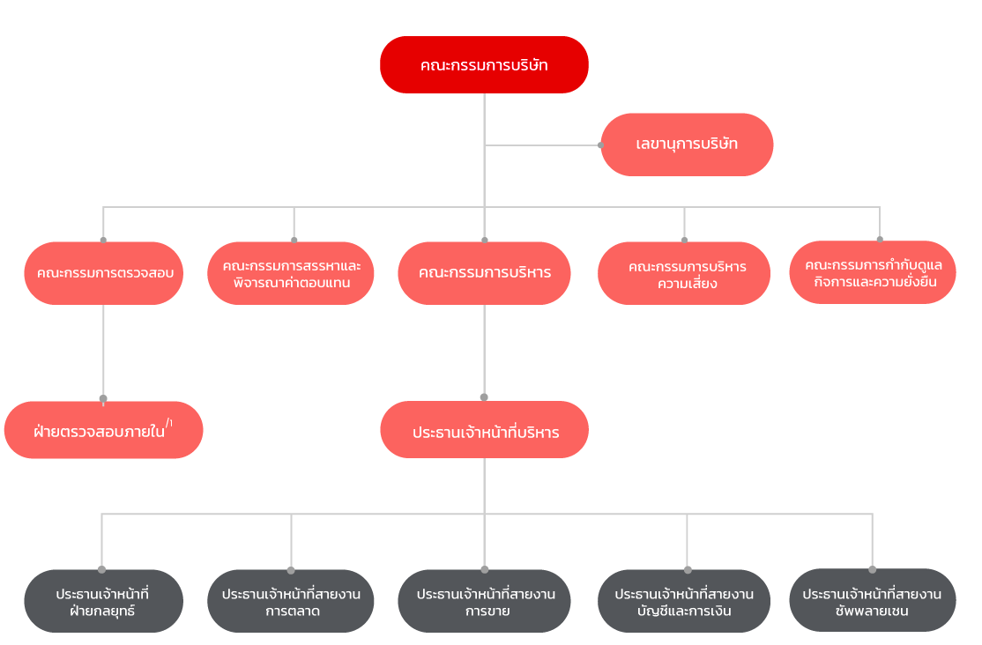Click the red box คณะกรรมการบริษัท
484,64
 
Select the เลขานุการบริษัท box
687,145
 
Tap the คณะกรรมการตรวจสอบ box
104,273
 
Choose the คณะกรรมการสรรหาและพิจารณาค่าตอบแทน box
291,273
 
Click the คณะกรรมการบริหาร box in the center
484,273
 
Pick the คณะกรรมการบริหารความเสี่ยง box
684,274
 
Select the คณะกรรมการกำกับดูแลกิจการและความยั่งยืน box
873,273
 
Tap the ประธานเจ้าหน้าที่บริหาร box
484,431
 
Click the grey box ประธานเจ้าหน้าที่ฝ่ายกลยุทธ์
102,601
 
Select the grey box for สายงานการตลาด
291,601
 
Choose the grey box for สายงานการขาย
484,601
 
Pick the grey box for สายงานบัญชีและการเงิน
684,601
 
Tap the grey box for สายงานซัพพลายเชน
873,601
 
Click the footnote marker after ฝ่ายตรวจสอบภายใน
169,424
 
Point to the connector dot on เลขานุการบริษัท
601,145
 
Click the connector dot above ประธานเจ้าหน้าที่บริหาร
484,397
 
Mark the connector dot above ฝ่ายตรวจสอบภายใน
103,398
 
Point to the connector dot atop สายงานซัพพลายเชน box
873,569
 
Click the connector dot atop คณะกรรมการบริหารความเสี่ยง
684,240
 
